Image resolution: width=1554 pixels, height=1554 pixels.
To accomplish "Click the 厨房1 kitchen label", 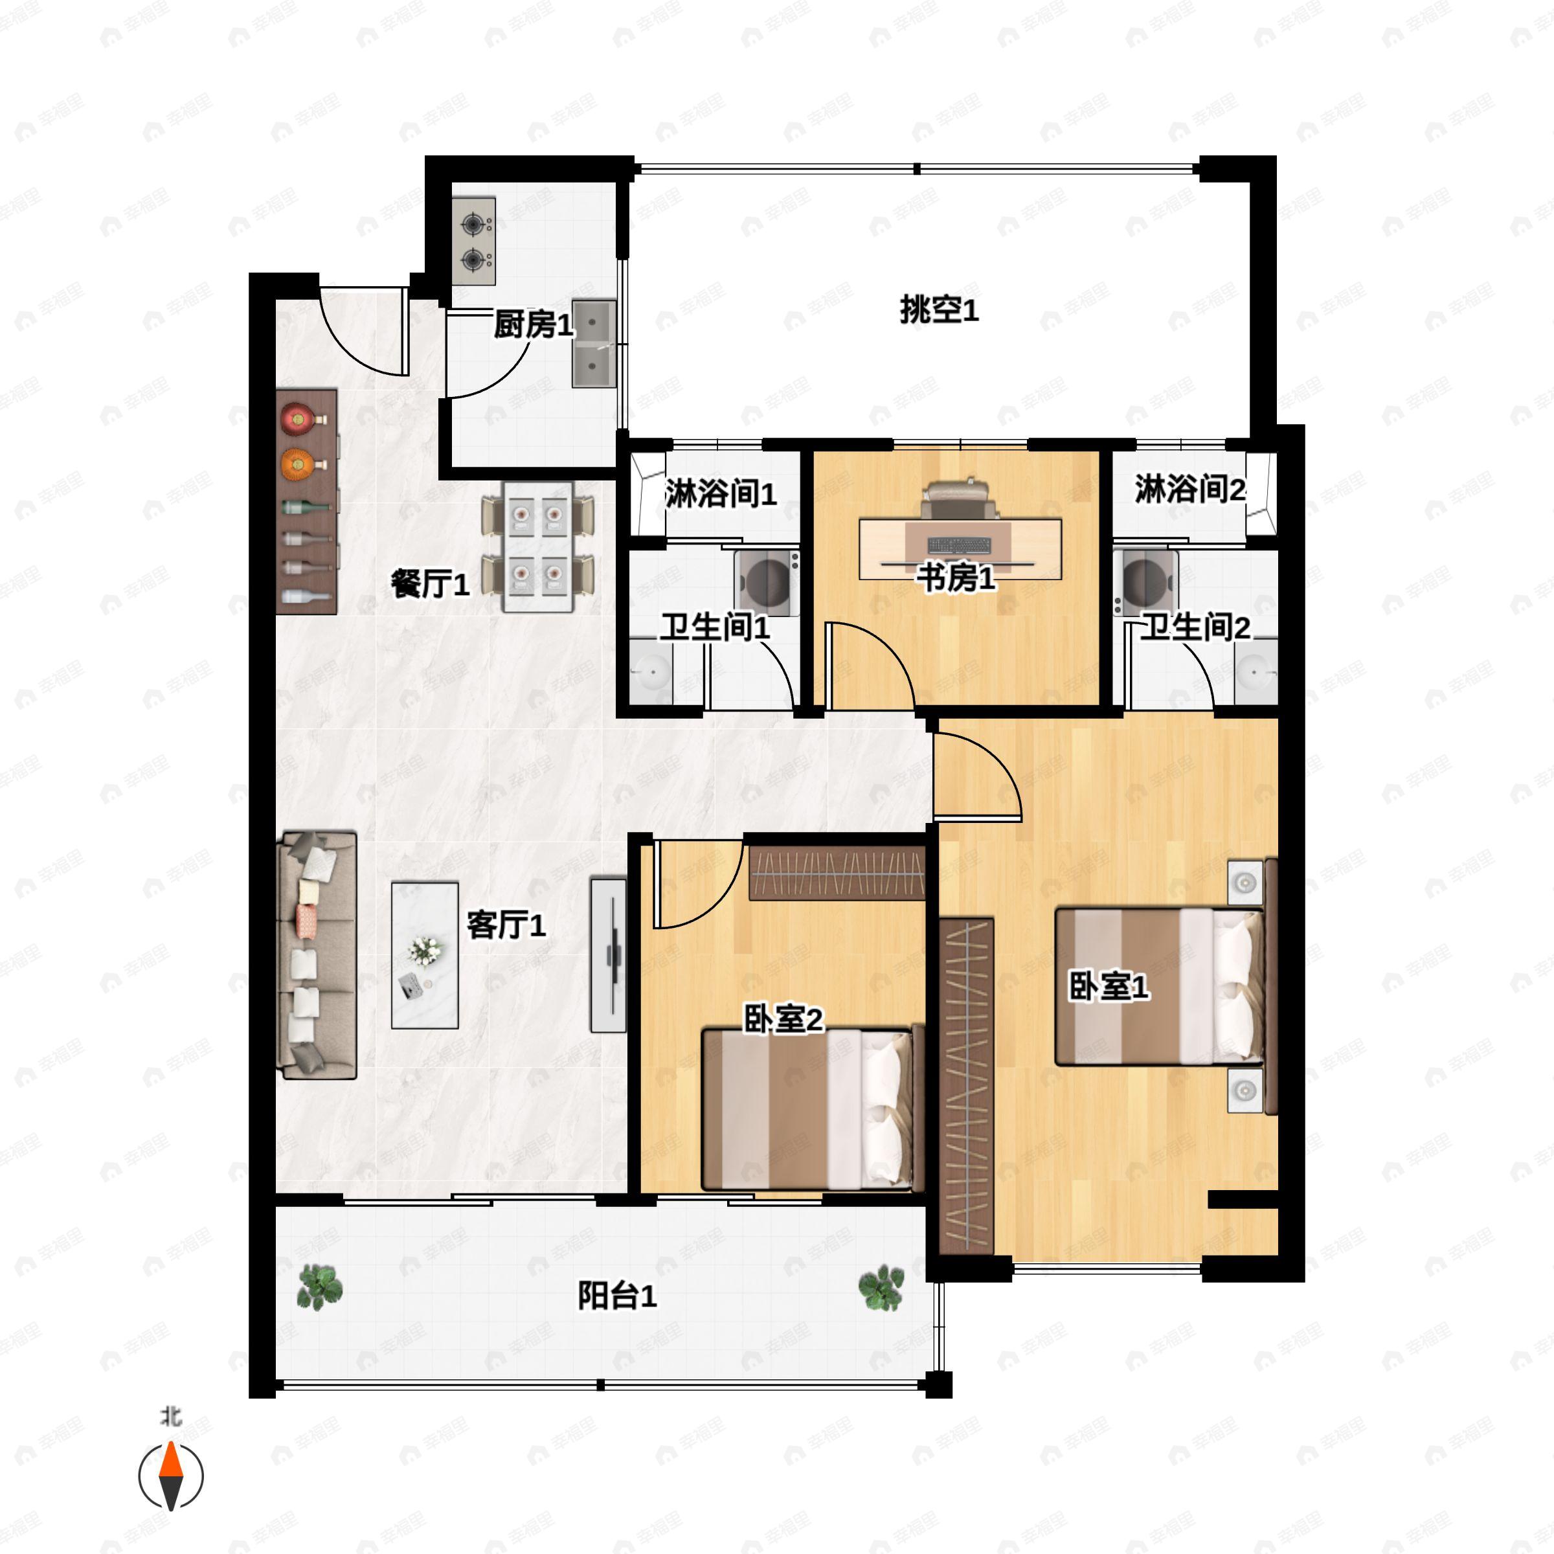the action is [532, 325].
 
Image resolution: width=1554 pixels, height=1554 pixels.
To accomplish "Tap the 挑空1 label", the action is [939, 310].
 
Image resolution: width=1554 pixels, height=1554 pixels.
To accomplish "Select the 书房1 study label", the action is [956, 577].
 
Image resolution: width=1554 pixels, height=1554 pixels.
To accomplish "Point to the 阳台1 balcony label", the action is [617, 1296].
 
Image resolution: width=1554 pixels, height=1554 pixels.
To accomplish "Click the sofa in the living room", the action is [317, 956].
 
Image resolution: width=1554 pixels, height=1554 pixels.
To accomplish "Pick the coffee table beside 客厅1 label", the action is [425, 956].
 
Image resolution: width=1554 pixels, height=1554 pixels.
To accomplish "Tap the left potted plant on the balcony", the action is [319, 1287].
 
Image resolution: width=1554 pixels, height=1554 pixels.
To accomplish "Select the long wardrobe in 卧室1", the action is [966, 1086].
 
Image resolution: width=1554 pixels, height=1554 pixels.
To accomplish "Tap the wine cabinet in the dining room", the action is [306, 502].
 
